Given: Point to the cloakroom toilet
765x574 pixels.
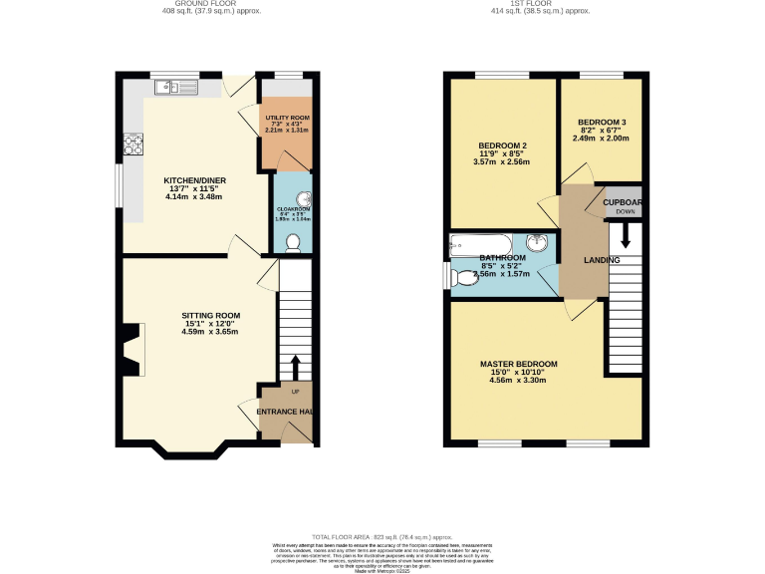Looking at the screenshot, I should coord(293,242).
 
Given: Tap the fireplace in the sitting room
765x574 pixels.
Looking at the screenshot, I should coord(130,350).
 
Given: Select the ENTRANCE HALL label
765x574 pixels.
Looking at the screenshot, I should coord(285,412).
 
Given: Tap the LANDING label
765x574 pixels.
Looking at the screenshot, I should coord(602,260).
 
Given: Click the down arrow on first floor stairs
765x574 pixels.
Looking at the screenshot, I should coord(626,235).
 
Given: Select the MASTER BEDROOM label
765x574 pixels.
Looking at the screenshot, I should coord(518,364).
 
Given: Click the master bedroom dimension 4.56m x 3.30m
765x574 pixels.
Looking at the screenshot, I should coord(518,380).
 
